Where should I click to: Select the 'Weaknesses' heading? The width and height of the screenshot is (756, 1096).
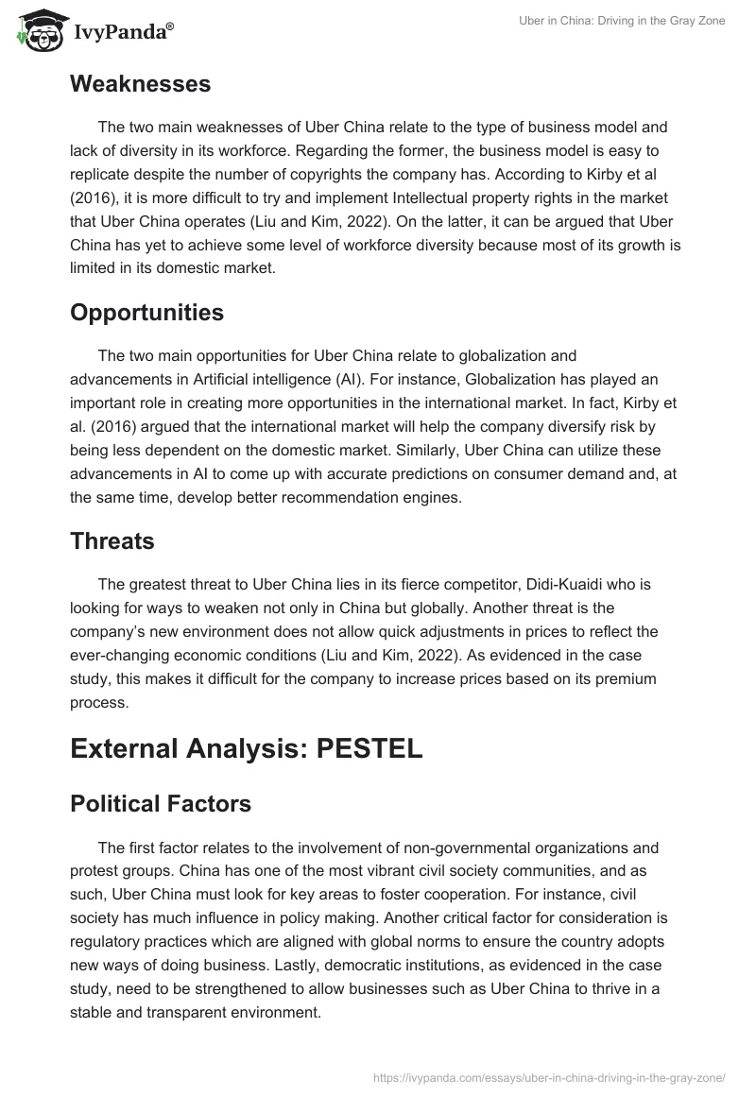click(x=140, y=84)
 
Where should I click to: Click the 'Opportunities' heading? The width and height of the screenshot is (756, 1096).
click(x=146, y=313)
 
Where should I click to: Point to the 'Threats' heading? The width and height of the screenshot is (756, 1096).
click(x=112, y=541)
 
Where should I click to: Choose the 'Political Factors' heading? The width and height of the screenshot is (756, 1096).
click(x=161, y=803)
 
